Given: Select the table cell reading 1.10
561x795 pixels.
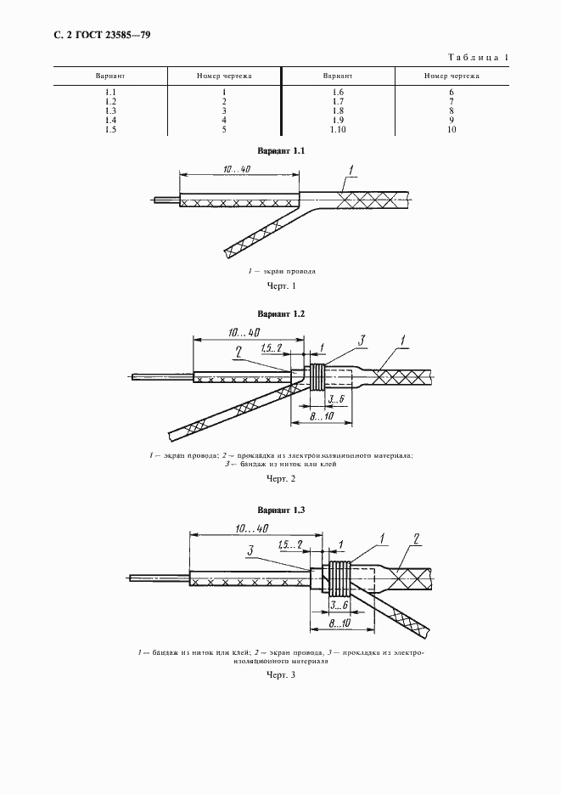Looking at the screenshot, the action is pos(338,129).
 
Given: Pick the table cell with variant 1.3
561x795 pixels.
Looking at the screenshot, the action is pos(110,111).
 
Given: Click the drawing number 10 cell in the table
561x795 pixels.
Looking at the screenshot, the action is pos(452,129).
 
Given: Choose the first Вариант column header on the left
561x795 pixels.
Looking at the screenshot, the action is pos(110,76).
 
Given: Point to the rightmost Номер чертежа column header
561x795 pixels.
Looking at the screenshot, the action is pos(452,76).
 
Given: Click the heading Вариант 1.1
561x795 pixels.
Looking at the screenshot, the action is pos(281,151).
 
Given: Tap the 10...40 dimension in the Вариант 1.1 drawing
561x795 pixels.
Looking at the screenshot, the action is pos(237,169).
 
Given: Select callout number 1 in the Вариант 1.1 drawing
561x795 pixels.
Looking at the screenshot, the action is pos(351,169).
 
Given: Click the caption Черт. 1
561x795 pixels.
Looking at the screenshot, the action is pos(281,286).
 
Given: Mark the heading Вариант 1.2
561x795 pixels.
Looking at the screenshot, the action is pos(281,314).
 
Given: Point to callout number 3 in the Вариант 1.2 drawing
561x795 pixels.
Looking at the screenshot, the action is pos(362,341).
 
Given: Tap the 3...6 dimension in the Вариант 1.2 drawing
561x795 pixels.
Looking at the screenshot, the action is pos(335,399).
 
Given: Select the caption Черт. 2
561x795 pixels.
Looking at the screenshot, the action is pos(281,479).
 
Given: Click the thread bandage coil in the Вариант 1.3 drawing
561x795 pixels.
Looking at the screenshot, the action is pos(339,578).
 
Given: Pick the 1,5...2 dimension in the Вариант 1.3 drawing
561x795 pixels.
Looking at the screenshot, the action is pos(290,545).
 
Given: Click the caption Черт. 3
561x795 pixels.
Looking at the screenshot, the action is pos(281,675).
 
